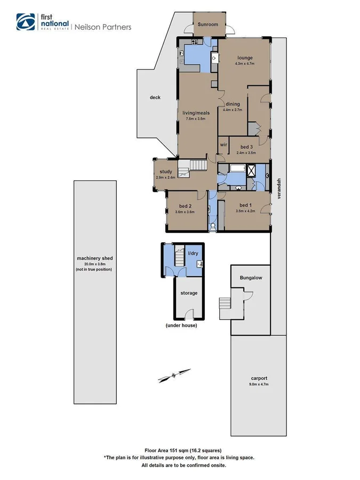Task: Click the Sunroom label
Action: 208,25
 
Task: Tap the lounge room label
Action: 245,58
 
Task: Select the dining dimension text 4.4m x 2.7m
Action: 233,110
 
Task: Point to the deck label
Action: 155,98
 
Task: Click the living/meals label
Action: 196,113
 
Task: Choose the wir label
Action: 223,145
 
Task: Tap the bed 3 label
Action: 246,147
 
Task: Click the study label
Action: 166,172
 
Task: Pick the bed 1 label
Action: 245,205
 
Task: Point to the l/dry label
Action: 193,254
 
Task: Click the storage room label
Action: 189,293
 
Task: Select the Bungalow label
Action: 251,278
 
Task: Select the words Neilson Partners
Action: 102,26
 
